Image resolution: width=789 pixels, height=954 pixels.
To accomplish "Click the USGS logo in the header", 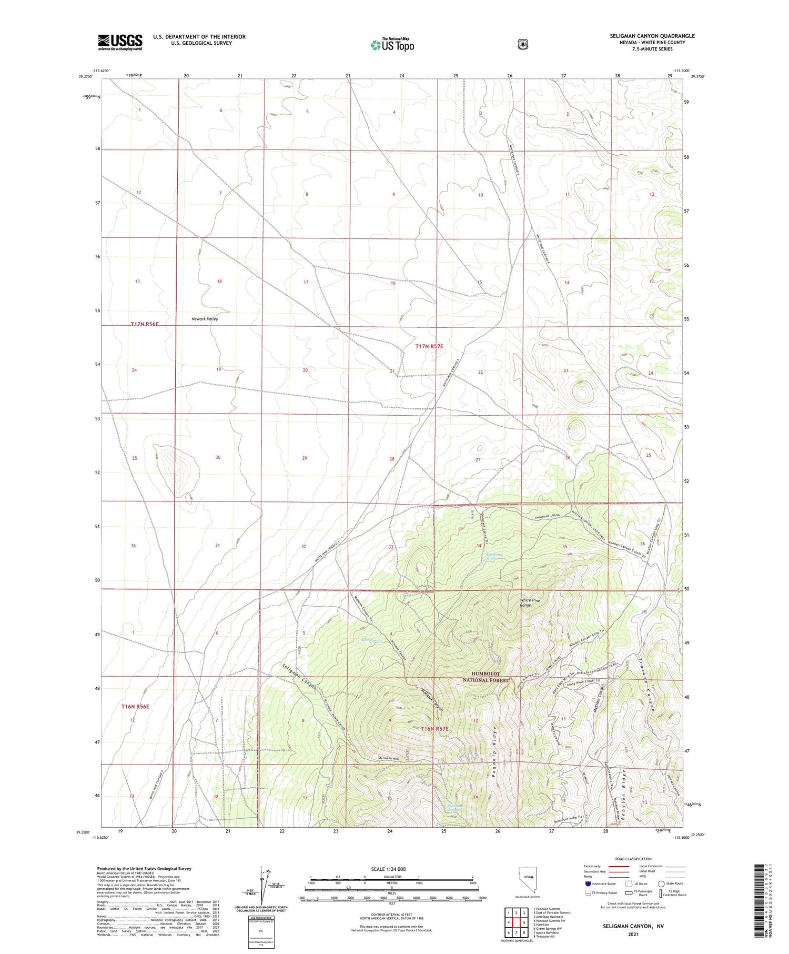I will (x=120, y=42).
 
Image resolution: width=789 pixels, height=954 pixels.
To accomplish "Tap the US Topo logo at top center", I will (x=392, y=45).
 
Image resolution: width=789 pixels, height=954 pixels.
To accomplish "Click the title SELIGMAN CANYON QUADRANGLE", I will (x=652, y=36).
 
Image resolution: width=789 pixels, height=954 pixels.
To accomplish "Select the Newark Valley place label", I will (x=205, y=319).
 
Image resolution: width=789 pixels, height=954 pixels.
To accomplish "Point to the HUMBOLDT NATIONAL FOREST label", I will (x=485, y=677).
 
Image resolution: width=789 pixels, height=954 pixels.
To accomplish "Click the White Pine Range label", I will (x=530, y=602).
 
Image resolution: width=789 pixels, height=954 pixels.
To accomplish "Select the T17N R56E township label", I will (x=145, y=324).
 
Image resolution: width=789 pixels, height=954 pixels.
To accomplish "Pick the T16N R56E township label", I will (x=135, y=706).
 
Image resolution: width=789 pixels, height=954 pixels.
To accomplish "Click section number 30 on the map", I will (x=218, y=457).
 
